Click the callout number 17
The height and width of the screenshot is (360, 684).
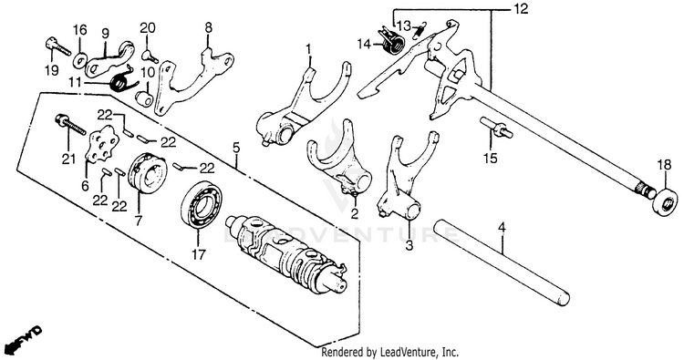point(198,254)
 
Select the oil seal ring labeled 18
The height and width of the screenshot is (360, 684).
point(666,201)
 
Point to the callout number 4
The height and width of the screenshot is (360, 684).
point(502,227)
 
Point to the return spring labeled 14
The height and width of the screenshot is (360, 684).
point(391,40)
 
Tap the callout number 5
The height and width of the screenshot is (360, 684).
point(236,148)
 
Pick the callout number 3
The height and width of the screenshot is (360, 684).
point(409,245)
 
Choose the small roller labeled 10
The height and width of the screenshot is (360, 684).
point(143,98)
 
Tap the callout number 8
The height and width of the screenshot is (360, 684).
point(209,28)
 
